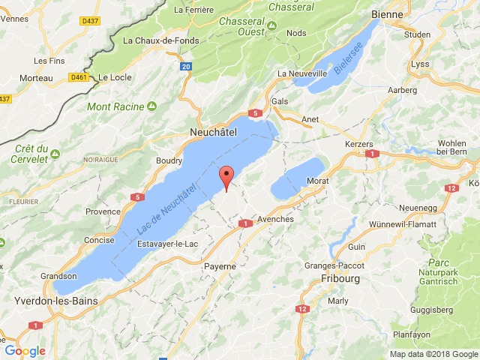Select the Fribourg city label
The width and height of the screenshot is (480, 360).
[340, 278]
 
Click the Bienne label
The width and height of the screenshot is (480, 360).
[387, 13]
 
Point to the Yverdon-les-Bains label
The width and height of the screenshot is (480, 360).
[47, 301]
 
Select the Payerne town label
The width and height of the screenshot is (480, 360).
[220, 265]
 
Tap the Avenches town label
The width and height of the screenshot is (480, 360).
[275, 219]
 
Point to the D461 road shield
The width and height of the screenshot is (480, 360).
[78, 76]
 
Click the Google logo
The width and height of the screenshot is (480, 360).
[25, 351]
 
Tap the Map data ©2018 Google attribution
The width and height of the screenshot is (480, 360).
[433, 354]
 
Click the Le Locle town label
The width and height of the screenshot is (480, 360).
[115, 76]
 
